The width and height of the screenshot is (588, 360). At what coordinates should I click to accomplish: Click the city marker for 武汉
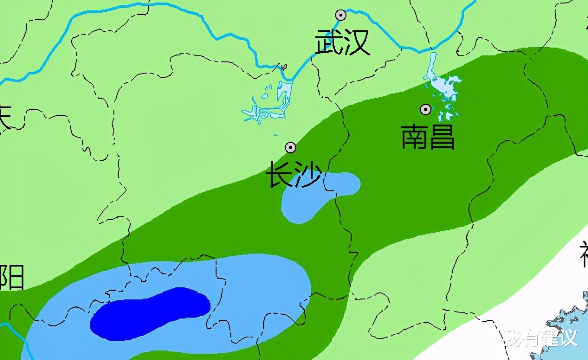341,15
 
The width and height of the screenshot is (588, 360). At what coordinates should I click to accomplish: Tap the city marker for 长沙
291,148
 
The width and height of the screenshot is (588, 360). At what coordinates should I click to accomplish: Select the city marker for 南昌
426,109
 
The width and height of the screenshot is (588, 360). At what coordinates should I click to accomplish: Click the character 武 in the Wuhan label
329,42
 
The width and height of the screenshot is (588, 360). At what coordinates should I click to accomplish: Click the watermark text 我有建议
540,338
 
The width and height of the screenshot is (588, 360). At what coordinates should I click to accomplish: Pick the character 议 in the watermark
569,338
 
